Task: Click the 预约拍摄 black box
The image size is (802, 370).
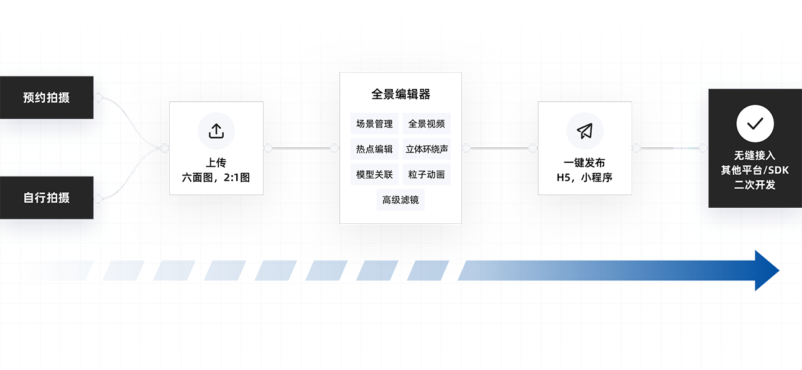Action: pyautogui.click(x=47, y=98)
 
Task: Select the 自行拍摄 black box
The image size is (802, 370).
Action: pyautogui.click(x=47, y=198)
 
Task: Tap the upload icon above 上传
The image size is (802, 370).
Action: pyautogui.click(x=216, y=131)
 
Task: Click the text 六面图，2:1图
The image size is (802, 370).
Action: pyautogui.click(x=216, y=177)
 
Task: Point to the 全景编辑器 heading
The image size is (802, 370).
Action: pyautogui.click(x=400, y=94)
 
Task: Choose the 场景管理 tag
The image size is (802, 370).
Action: pyautogui.click(x=374, y=124)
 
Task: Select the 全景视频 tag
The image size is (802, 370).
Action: pyautogui.click(x=426, y=124)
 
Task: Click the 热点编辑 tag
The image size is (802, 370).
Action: pyautogui.click(x=374, y=149)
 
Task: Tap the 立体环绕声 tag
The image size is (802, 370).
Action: pyautogui.click(x=426, y=149)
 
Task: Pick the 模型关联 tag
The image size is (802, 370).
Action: pyautogui.click(x=374, y=175)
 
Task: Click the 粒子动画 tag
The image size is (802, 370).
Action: pyautogui.click(x=426, y=175)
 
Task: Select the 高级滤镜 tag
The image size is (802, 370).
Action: pyautogui.click(x=400, y=200)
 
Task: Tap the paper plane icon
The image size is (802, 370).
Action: pyautogui.click(x=585, y=131)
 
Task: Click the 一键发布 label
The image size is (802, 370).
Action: pyautogui.click(x=584, y=163)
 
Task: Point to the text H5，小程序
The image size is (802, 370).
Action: pyautogui.click(x=584, y=177)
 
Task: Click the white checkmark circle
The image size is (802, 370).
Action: pyautogui.click(x=755, y=124)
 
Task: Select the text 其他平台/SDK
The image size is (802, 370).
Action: pyautogui.click(x=755, y=170)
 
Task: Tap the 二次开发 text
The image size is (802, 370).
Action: pyautogui.click(x=755, y=185)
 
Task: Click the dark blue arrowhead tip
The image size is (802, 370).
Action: pyautogui.click(x=779, y=271)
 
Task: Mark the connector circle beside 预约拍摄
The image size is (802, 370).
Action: pyautogui.click(x=98, y=98)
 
